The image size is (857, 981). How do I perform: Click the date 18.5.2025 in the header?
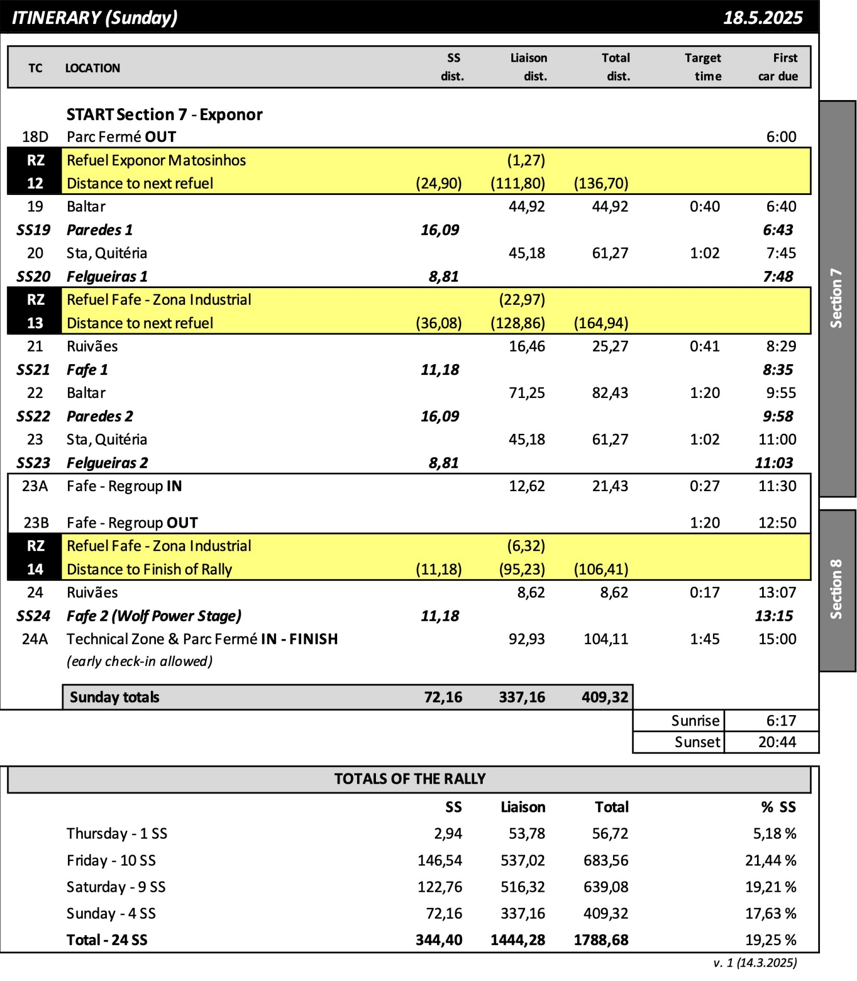click(762, 18)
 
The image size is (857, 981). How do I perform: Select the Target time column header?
click(703, 67)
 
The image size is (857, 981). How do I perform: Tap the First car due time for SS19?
click(778, 230)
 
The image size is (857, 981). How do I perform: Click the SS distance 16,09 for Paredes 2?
click(439, 416)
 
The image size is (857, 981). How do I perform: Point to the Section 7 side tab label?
click(836, 298)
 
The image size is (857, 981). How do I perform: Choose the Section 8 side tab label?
click(836, 589)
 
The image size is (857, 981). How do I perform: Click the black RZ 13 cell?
click(35, 311)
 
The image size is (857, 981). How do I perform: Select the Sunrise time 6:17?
click(780, 720)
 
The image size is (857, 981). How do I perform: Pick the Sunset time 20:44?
click(777, 742)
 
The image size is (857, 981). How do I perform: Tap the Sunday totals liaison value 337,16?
click(522, 697)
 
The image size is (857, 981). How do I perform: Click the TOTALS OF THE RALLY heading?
click(410, 779)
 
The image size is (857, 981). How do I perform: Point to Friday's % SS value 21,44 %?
click(770, 860)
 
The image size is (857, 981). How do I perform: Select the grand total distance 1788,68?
click(600, 940)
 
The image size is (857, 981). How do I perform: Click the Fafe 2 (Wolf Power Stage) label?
click(154, 616)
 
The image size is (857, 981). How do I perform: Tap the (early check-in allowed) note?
click(139, 661)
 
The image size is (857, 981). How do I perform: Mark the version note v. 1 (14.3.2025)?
click(754, 963)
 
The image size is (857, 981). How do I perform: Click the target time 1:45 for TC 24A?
click(704, 639)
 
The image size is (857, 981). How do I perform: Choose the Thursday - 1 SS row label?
click(117, 834)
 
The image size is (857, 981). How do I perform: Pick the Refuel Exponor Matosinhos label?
click(156, 160)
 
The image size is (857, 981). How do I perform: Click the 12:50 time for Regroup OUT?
click(777, 523)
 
